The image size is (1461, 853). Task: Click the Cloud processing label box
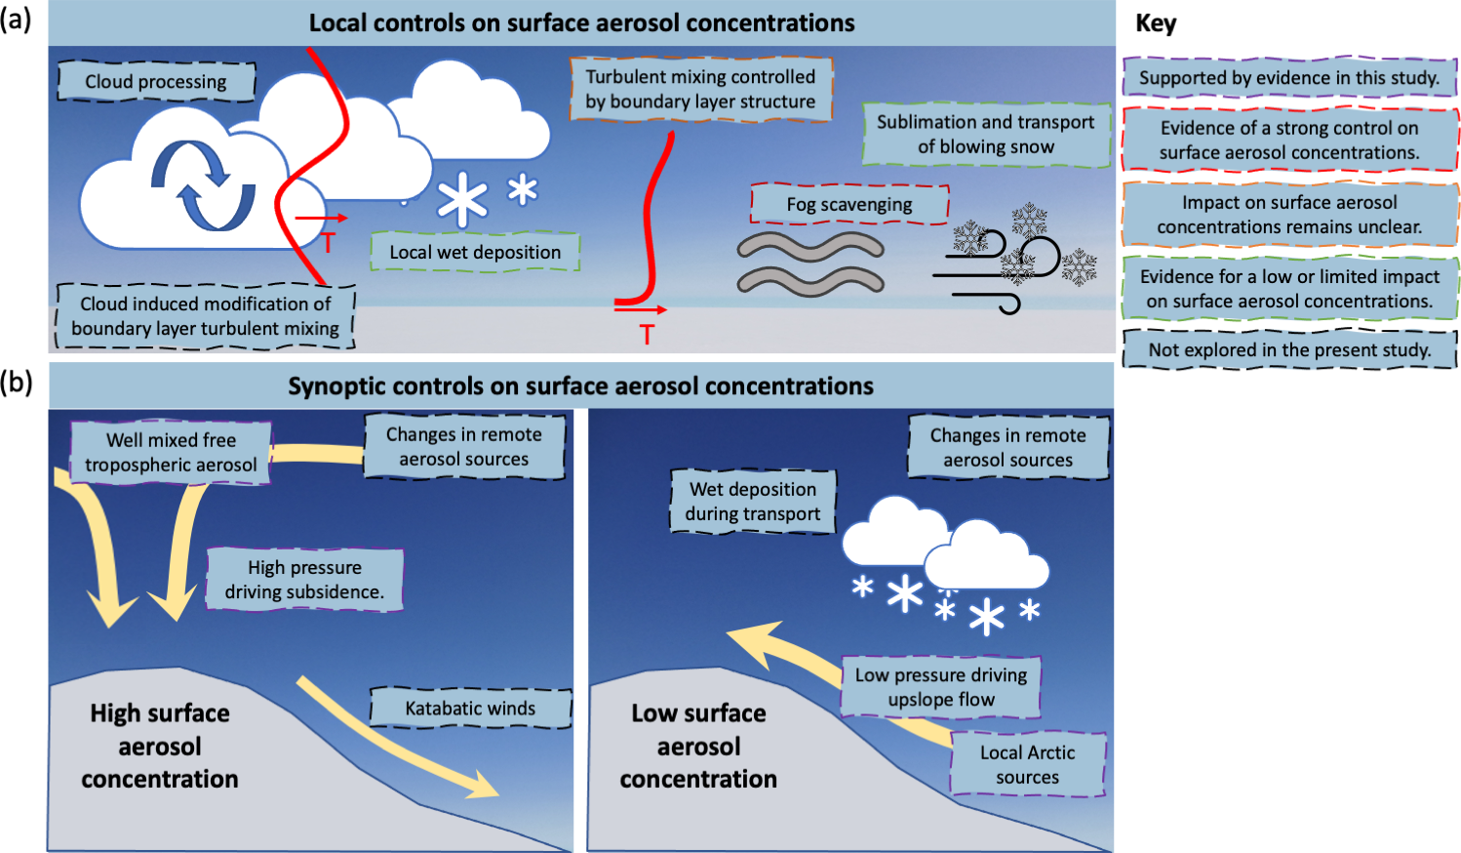(156, 82)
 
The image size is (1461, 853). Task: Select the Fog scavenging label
(849, 204)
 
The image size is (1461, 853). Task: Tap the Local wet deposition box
(475, 252)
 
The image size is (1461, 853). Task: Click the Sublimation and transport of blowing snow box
(985, 135)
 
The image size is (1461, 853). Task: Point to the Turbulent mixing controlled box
(700, 89)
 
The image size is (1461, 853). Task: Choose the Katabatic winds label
(470, 709)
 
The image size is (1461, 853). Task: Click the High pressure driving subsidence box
(304, 580)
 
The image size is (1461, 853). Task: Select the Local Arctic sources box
(1027, 765)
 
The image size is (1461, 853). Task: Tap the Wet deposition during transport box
(752, 502)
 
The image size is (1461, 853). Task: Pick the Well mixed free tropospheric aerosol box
(171, 453)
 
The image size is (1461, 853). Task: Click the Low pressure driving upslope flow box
(940, 687)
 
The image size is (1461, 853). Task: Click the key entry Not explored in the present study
(1289, 349)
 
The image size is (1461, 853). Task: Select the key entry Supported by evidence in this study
(1289, 78)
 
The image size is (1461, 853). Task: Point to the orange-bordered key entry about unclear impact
(1289, 215)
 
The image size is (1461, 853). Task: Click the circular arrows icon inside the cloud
(203, 184)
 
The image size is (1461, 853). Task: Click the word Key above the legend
(1156, 23)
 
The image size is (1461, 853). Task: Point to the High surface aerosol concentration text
(160, 747)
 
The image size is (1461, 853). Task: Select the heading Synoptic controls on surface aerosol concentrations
(580, 386)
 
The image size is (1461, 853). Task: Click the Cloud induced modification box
(205, 316)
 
